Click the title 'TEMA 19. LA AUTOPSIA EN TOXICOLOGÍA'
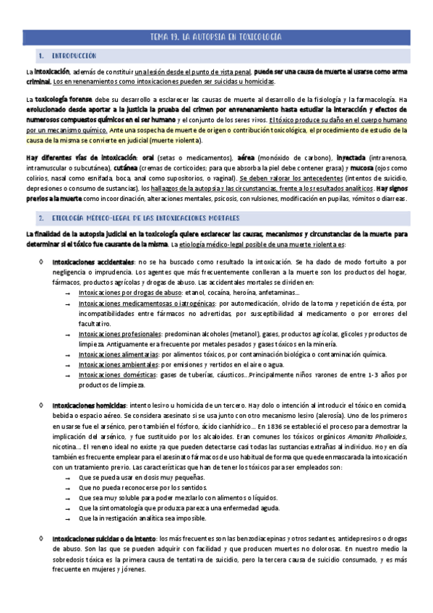[216, 36]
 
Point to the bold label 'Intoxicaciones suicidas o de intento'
[103, 538]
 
